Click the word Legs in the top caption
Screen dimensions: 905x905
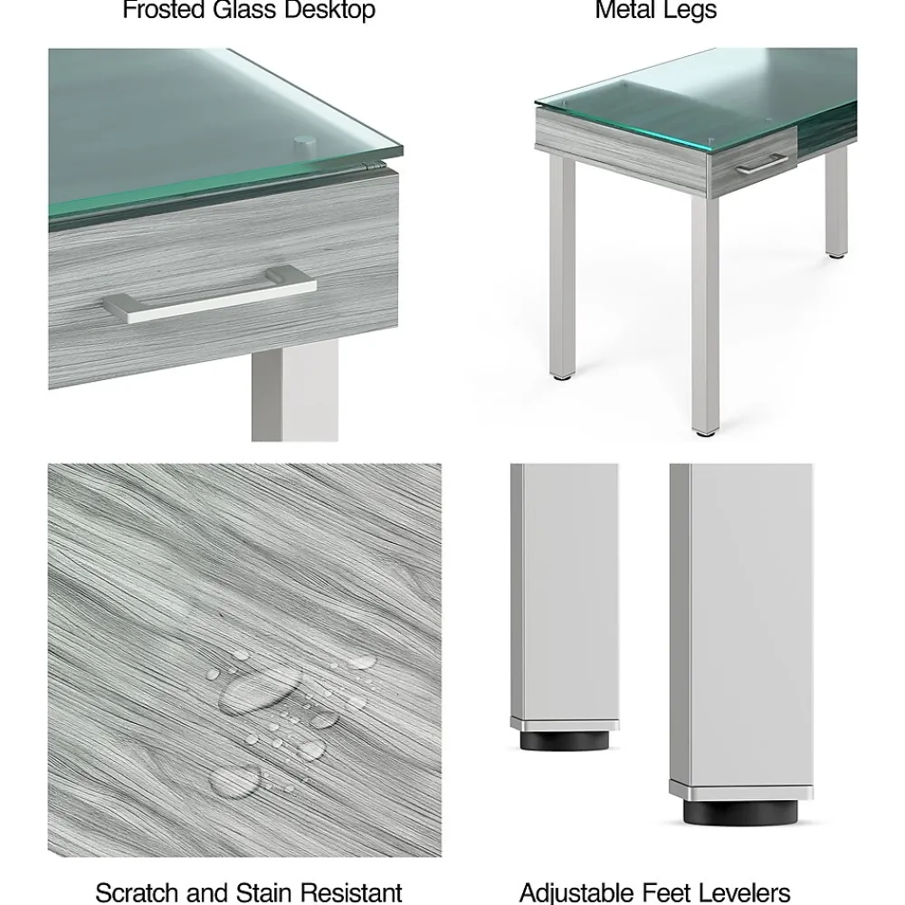pyautogui.click(x=691, y=11)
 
